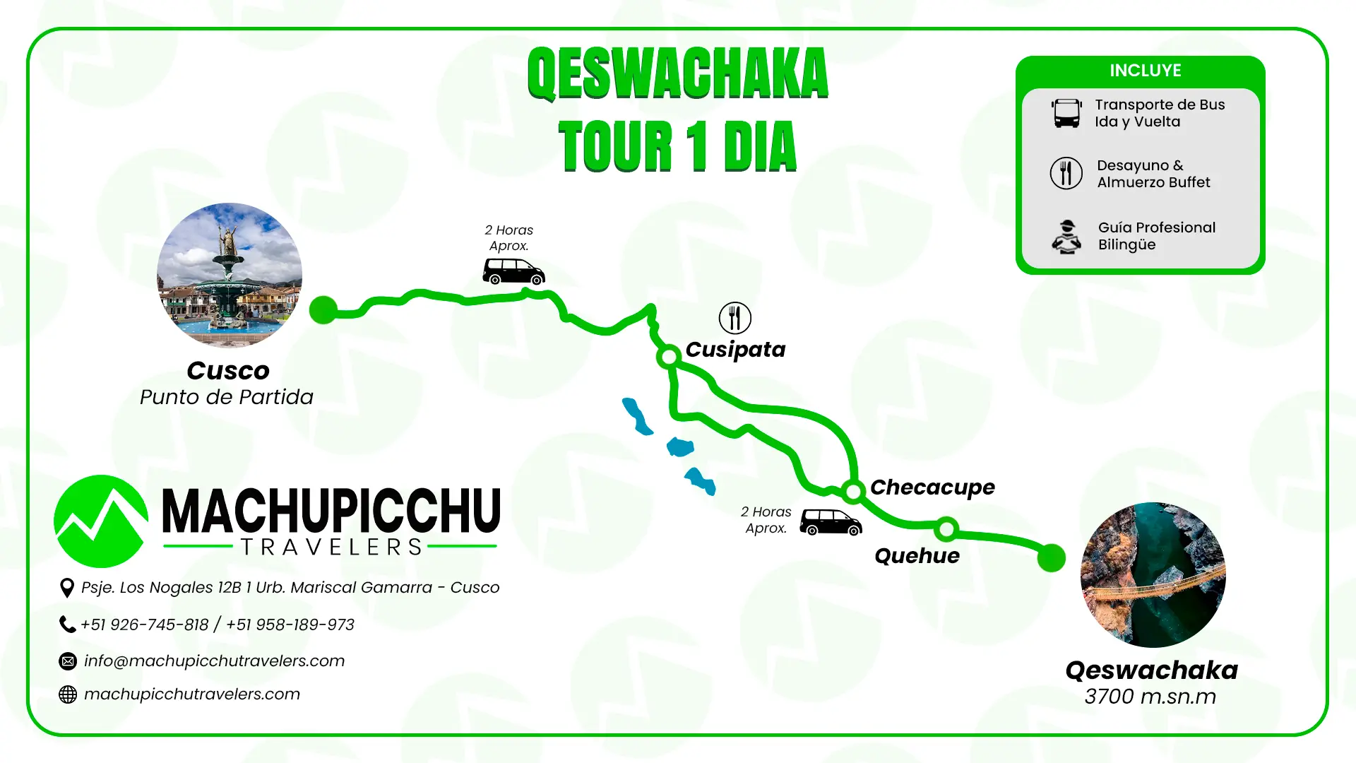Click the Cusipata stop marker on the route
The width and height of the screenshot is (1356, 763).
[x=668, y=357]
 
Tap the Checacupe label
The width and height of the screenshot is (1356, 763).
[x=932, y=487]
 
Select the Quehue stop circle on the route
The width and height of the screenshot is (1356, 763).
[x=946, y=528]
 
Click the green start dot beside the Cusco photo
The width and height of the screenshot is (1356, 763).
[x=323, y=309]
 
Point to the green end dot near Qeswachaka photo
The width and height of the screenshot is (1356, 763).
[x=1051, y=557]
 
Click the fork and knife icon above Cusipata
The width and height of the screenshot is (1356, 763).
[x=734, y=318]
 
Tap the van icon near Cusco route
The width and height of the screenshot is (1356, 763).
[x=513, y=271]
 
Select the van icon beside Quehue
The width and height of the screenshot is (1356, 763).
[x=831, y=522]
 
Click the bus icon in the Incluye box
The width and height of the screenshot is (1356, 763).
[x=1066, y=113]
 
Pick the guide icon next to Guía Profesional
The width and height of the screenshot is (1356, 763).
[x=1066, y=237]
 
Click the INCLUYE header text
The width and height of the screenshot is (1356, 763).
[x=1145, y=71]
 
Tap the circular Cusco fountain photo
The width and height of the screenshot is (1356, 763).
[x=230, y=276]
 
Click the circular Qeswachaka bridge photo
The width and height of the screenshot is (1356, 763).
[x=1153, y=574]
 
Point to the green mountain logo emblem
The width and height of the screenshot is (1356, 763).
[x=101, y=521]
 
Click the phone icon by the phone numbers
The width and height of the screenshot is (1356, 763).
[x=67, y=625]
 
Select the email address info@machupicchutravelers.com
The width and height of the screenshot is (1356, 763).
[x=214, y=661]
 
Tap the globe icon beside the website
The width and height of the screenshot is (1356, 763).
[x=68, y=694]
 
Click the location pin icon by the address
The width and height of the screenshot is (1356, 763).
[x=67, y=588]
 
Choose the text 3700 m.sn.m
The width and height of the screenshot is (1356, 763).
[x=1150, y=697]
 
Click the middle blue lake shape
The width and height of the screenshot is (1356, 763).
[x=680, y=447]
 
